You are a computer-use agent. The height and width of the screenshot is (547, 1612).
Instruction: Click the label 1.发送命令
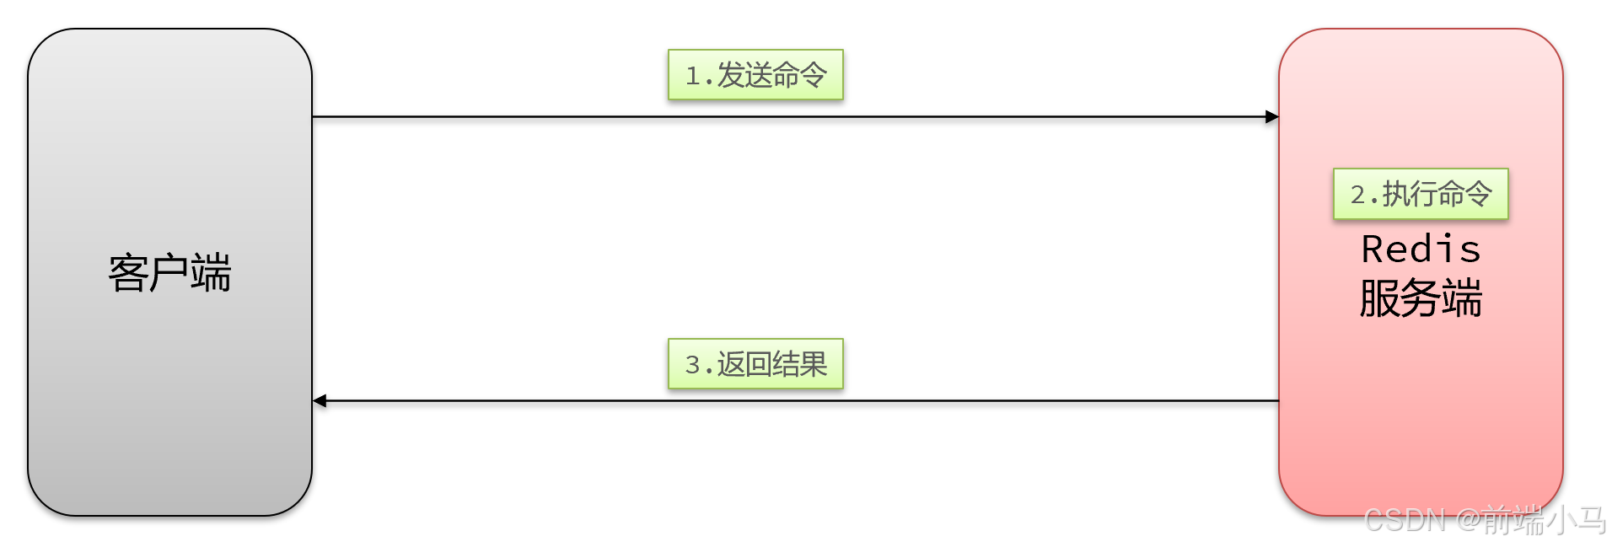[x=755, y=75]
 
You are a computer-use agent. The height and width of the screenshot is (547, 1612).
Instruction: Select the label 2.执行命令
[x=1421, y=194]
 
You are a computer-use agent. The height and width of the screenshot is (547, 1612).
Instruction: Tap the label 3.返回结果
[x=755, y=364]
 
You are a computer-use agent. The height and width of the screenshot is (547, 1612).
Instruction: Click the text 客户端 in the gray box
[x=169, y=273]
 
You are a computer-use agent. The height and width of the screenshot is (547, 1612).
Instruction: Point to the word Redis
[x=1421, y=249]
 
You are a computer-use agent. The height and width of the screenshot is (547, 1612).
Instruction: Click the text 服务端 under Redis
[x=1421, y=298]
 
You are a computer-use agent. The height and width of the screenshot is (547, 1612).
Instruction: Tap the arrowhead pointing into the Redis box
[x=1271, y=116]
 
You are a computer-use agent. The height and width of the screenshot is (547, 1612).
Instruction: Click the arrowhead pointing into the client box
[x=320, y=400]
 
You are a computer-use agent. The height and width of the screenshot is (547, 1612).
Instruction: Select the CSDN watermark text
[x=1485, y=520]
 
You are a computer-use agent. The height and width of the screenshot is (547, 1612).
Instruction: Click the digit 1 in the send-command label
[x=693, y=77]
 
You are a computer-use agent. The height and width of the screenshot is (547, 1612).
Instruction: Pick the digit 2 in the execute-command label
[x=1358, y=195]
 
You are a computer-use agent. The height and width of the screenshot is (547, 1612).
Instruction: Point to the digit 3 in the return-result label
[x=693, y=365]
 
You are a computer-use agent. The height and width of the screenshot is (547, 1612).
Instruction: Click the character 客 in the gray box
[x=128, y=273]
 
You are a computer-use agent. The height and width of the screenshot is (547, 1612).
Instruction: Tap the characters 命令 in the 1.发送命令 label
[x=799, y=75]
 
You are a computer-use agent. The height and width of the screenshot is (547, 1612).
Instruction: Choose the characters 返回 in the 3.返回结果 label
[x=744, y=364]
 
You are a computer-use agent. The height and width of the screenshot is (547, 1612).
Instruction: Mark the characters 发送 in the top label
[x=744, y=75]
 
